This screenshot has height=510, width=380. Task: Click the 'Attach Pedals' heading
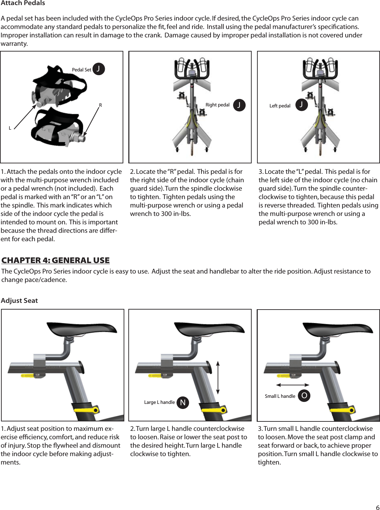(x=23, y=3)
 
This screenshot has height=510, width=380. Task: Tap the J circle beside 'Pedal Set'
(x=98, y=69)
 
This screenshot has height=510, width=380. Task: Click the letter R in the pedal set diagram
(x=100, y=105)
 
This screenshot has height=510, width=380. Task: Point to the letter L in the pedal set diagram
(x=10, y=128)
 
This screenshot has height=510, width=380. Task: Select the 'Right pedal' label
(x=217, y=105)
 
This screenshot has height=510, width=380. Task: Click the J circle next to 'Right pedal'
(x=239, y=105)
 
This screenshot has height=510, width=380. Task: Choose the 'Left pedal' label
(x=280, y=106)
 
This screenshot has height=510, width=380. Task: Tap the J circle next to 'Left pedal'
(x=302, y=105)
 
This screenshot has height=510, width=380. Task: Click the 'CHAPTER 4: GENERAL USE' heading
(x=56, y=260)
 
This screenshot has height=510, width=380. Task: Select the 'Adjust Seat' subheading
(x=19, y=300)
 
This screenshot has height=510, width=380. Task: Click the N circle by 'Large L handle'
(x=183, y=403)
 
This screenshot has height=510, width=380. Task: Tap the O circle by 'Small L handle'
(x=304, y=395)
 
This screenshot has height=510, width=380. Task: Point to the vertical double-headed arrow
(x=218, y=378)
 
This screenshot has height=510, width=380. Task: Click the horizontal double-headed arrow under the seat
(x=292, y=385)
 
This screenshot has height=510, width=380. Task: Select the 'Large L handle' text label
(x=159, y=402)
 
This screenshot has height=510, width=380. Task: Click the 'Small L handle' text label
(x=280, y=396)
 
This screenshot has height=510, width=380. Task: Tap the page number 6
(x=377, y=508)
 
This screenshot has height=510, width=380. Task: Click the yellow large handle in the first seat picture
(x=86, y=410)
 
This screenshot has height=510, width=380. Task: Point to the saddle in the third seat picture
(x=337, y=328)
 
